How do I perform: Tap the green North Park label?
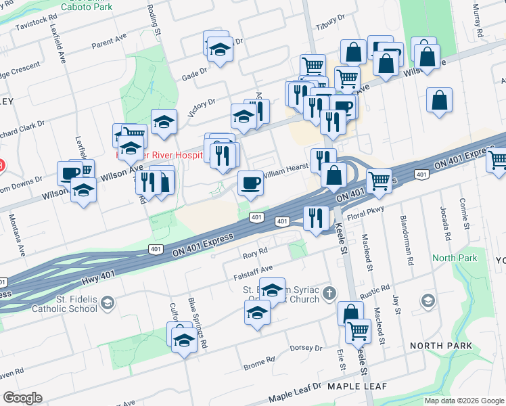coord(455,258)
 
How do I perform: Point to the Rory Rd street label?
coord(251,255)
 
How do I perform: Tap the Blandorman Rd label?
coord(407,242)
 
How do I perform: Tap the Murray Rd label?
coord(478,20)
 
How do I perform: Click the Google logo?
coord(22,398)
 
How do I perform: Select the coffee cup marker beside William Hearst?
coord(250,183)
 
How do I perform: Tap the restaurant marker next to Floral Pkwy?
coord(316,219)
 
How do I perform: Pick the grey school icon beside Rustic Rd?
coord(428,300)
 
